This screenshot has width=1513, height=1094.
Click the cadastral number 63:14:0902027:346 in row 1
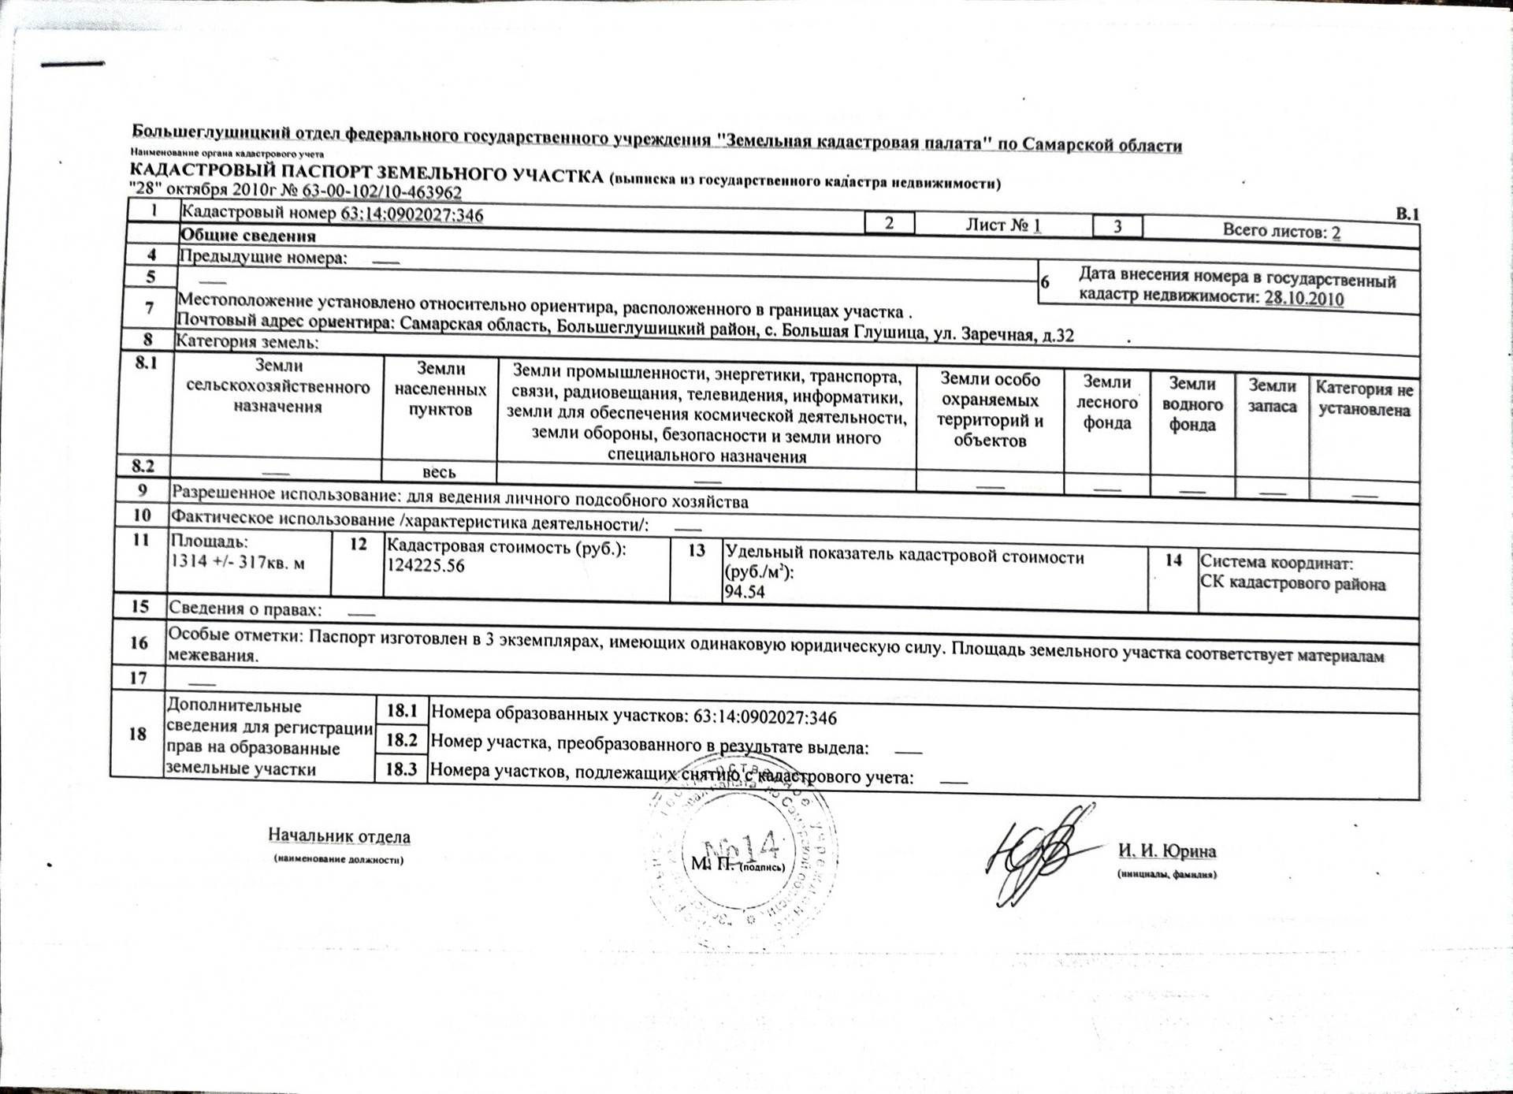pyautogui.click(x=411, y=214)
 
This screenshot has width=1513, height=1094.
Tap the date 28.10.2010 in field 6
pyautogui.click(x=1304, y=299)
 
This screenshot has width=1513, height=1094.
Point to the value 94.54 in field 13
pyautogui.click(x=745, y=592)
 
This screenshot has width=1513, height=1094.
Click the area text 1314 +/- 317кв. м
pyautogui.click(x=238, y=562)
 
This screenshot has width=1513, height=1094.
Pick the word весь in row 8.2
pyautogui.click(x=439, y=472)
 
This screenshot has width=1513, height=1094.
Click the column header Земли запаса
pyautogui.click(x=1272, y=396)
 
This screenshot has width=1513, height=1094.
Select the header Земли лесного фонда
pyautogui.click(x=1107, y=402)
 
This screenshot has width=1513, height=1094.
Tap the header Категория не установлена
pyautogui.click(x=1364, y=399)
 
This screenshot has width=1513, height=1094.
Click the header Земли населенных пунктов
pyautogui.click(x=441, y=389)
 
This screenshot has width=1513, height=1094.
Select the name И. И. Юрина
pyautogui.click(x=1166, y=851)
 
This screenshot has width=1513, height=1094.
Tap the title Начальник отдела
pyautogui.click(x=339, y=835)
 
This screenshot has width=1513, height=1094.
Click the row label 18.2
pyautogui.click(x=401, y=740)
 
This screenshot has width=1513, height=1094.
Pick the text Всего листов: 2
pyautogui.click(x=1281, y=232)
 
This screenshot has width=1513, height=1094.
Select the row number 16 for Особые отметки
pyautogui.click(x=139, y=642)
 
